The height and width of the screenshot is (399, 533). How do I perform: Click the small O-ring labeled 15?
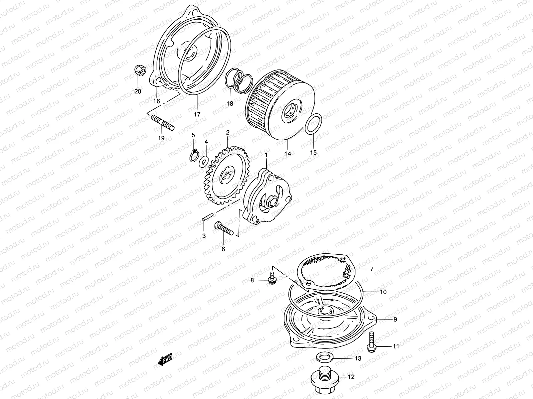point(313,127)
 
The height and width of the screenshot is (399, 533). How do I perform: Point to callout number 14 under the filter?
point(288,154)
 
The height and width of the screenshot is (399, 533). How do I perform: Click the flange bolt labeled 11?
point(371,342)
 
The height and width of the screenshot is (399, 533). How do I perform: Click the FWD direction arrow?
point(165,360)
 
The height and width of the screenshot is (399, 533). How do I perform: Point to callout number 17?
point(197,114)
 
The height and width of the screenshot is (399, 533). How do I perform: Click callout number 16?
point(157,101)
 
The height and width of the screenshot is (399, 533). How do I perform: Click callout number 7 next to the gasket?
point(372,269)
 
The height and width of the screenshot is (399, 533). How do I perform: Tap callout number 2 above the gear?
point(228,133)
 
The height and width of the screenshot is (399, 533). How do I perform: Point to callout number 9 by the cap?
point(395,319)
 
